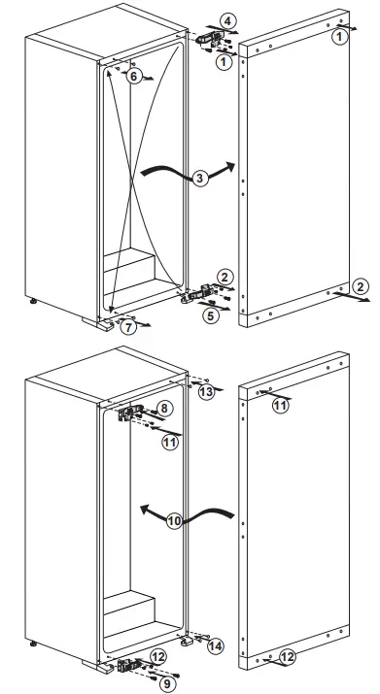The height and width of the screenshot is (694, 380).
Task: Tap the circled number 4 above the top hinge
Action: (226, 19)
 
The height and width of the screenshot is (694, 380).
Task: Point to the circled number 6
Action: (136, 76)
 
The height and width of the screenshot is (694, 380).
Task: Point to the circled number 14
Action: (215, 644)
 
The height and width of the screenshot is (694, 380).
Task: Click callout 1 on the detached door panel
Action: (338, 36)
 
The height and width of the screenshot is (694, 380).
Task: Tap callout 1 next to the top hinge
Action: (224, 62)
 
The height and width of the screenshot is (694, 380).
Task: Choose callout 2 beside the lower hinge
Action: (225, 278)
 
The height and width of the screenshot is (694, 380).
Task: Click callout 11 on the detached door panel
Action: (281, 405)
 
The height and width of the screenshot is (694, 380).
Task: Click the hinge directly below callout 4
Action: (209, 40)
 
